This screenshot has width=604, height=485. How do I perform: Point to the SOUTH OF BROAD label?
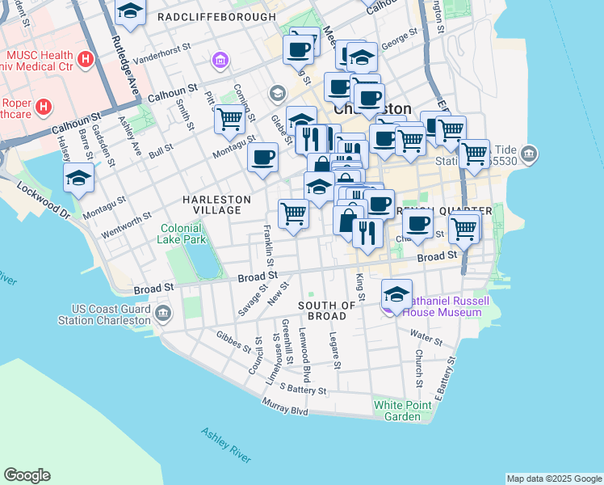(327, 310)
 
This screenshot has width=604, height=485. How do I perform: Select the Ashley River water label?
(226, 444)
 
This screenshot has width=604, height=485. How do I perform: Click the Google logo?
(27, 475)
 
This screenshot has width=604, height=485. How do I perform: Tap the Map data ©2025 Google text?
(553, 479)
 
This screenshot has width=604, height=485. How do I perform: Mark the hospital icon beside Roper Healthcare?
(44, 106)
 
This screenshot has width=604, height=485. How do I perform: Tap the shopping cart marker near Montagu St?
(229, 120)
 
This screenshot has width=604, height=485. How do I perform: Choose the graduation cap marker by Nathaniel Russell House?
(396, 293)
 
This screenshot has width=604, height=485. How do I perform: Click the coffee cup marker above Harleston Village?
(262, 157)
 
